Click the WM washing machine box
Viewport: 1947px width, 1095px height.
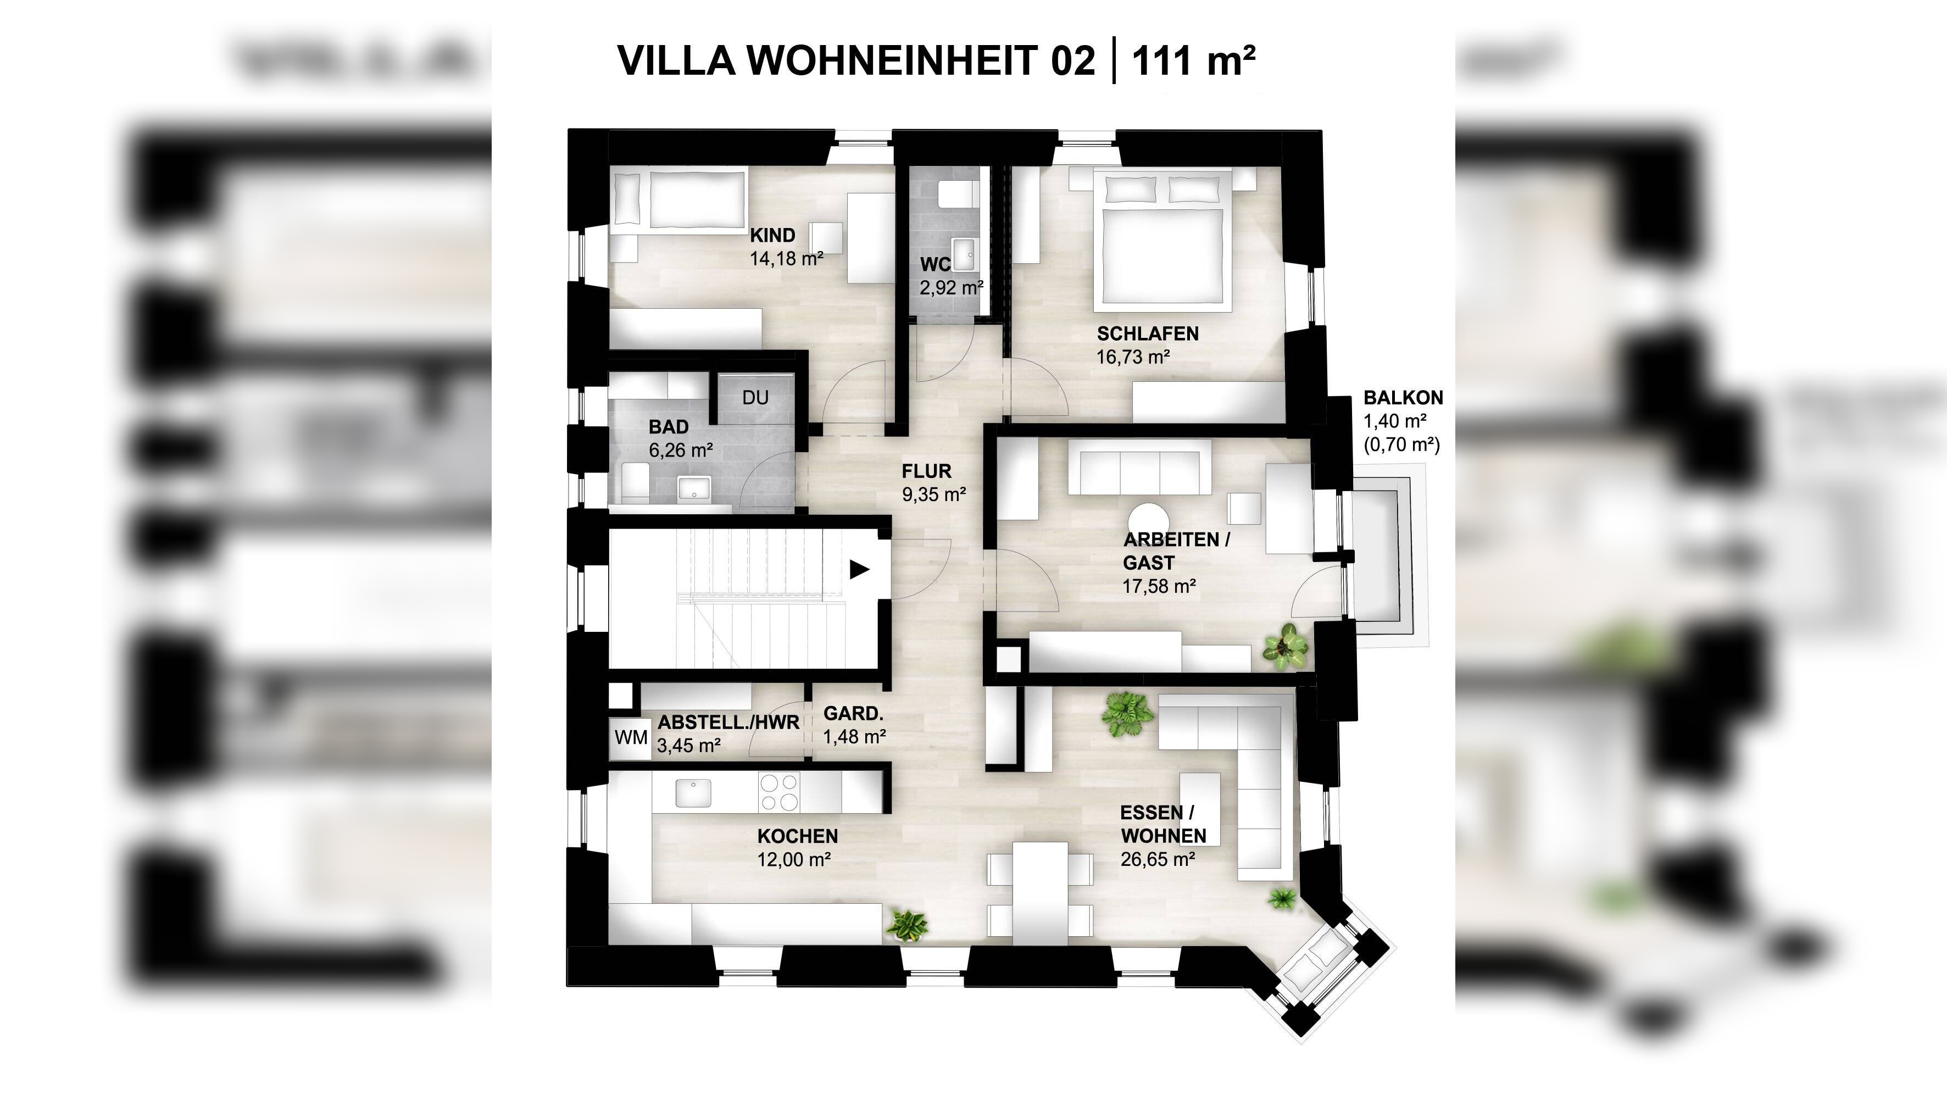(630, 737)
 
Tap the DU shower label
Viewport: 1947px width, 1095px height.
(755, 397)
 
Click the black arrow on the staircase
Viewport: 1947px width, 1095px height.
(859, 569)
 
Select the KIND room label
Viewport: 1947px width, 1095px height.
(772, 235)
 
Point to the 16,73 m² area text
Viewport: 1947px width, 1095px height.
(1133, 357)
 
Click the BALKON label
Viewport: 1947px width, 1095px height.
(1403, 397)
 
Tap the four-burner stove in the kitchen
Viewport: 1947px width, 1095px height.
(778, 792)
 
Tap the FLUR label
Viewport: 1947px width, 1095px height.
(926, 471)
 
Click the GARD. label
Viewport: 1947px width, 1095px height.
(853, 713)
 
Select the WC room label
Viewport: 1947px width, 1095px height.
(935, 264)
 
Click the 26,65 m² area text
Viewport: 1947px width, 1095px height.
(1157, 859)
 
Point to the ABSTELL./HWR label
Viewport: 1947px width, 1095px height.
(728, 722)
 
